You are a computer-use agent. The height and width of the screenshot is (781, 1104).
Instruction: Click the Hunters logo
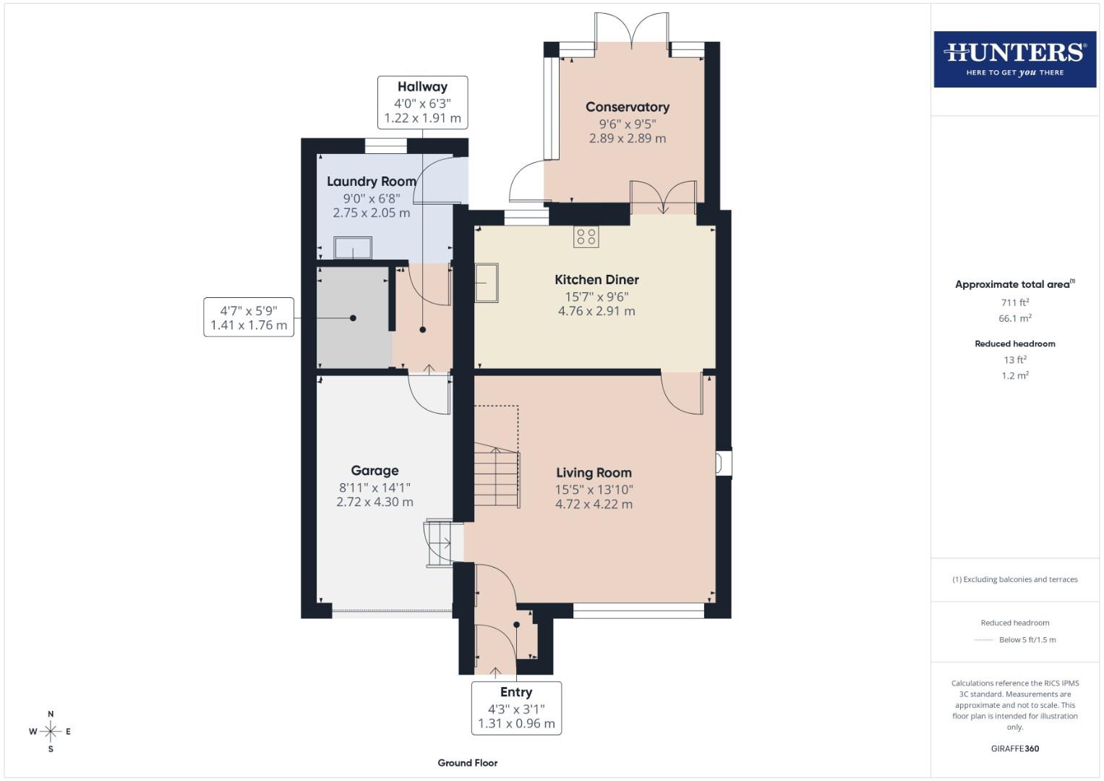1014,59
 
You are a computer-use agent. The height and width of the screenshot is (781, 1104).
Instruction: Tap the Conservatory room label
627,107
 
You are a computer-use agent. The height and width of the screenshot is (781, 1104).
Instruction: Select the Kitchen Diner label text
596,280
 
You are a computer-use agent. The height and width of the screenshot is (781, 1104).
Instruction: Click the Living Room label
594,473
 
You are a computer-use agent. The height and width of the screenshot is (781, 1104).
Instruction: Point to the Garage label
375,471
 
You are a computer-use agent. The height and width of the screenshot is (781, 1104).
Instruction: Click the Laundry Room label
371,182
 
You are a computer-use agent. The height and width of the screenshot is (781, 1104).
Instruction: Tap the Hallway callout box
422,103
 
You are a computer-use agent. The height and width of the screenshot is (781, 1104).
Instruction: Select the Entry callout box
516,707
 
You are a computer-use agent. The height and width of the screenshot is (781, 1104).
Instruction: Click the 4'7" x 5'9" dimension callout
249,317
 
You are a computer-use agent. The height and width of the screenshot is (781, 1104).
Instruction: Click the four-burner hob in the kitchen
586,236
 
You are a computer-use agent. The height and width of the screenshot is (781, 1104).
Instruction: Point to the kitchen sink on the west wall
486,282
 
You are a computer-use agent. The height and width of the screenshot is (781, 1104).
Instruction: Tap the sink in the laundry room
352,248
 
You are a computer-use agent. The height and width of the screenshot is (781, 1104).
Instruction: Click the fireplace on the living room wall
723,463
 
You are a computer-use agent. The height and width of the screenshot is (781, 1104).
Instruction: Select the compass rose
51,732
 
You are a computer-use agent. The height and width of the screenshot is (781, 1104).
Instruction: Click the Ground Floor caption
467,763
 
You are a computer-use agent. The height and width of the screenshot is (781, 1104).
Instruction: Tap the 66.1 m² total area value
1014,318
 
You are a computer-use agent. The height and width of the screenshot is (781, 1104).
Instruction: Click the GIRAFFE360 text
1014,748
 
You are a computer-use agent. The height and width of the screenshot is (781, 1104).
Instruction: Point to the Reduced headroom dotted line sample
983,640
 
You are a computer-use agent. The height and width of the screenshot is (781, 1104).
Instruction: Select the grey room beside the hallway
354,318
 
